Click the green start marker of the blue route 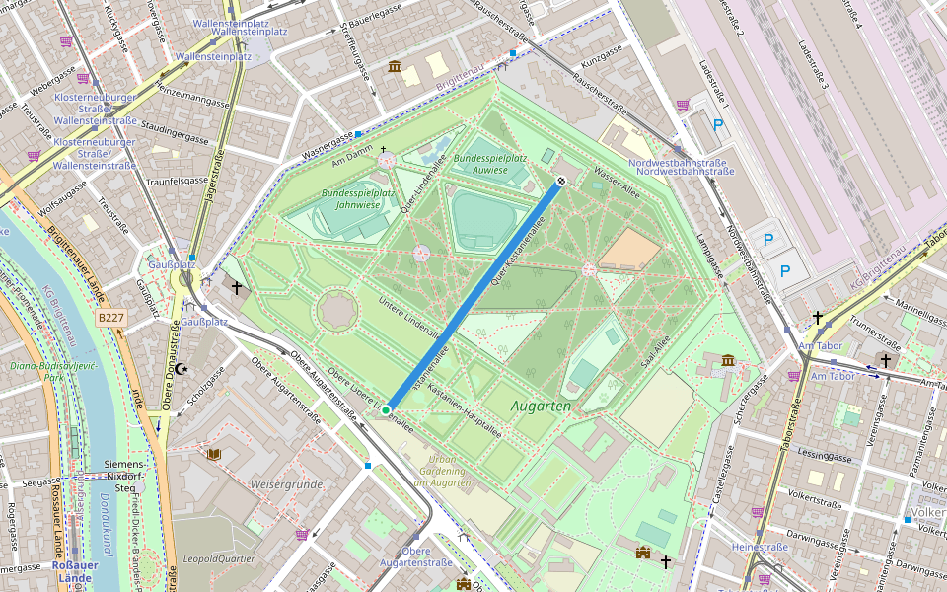[x=387, y=408]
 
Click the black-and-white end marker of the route [x=560, y=181]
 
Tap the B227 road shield [x=110, y=318]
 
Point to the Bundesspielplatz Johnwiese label [x=348, y=199]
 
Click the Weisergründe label [x=287, y=484]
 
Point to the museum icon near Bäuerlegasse [x=395, y=66]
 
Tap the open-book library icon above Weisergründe [x=214, y=454]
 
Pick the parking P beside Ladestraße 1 [x=718, y=125]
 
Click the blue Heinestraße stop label [x=760, y=547]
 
